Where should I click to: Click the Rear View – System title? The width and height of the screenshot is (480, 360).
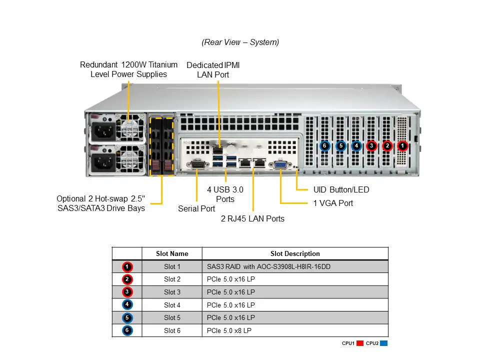click(240, 42)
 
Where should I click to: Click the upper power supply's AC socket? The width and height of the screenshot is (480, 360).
click(104, 132)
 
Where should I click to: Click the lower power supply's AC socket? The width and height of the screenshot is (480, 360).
click(104, 161)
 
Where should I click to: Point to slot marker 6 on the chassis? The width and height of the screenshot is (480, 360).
click(324, 146)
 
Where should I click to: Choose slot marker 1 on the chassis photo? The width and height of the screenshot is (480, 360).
click(402, 146)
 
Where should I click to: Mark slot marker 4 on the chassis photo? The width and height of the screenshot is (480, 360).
click(356, 146)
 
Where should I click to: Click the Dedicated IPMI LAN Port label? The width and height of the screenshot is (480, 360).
click(213, 69)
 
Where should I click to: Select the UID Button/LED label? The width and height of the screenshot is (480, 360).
click(341, 189)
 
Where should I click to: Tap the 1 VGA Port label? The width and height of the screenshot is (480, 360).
click(333, 203)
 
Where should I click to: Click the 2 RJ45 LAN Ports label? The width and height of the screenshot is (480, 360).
click(252, 218)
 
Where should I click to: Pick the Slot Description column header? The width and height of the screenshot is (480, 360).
click(295, 253)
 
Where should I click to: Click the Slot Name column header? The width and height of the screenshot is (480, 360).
click(172, 253)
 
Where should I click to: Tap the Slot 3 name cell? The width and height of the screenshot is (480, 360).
click(172, 292)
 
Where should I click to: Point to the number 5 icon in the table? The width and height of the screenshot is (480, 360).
click(127, 317)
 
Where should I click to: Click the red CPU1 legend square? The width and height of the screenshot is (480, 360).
click(360, 343)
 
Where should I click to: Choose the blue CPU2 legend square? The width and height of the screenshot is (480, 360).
click(384, 343)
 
